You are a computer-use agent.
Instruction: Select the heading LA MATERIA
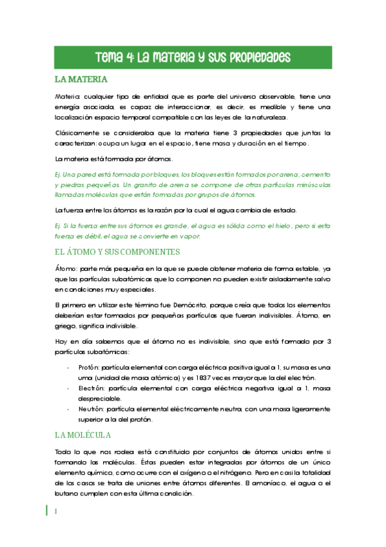[81, 80]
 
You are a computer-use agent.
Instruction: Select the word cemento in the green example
[311, 175]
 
